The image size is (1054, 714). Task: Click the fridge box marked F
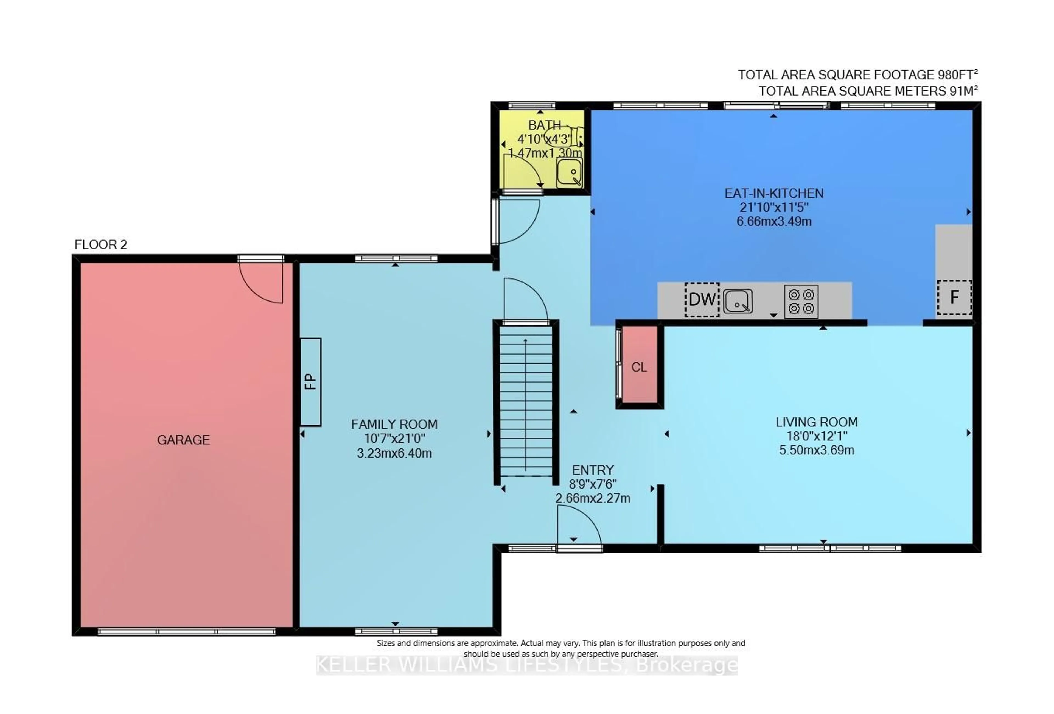(x=954, y=298)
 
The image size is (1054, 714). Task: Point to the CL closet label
(x=639, y=367)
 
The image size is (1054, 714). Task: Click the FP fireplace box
(x=311, y=382)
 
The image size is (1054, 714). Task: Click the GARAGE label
(x=183, y=440)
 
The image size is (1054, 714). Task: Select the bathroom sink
(x=569, y=173)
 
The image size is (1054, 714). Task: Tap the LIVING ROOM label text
(x=816, y=422)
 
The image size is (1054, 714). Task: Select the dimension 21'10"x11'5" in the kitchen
(x=774, y=207)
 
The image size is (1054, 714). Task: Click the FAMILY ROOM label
(x=394, y=424)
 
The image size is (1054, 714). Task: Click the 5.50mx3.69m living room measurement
(x=816, y=450)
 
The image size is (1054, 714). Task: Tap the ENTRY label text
(x=593, y=470)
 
